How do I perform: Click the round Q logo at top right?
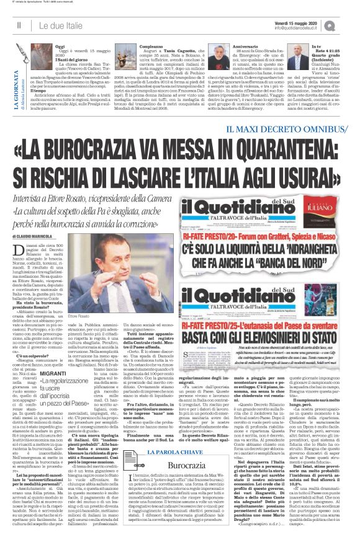click(348, 24)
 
